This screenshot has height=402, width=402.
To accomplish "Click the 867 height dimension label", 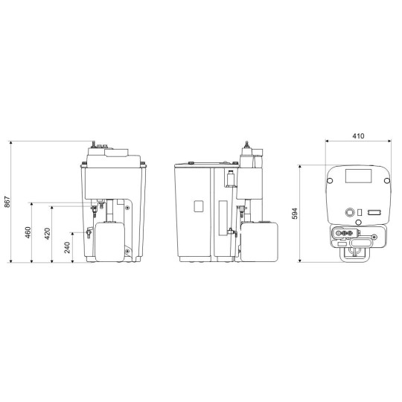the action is point(7,202).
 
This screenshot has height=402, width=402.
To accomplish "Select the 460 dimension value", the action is point(28,232).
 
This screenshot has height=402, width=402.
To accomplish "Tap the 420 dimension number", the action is point(48,234).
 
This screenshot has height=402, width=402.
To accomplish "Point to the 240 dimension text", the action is point(67,247).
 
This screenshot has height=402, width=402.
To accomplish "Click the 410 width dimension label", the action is point(358,136).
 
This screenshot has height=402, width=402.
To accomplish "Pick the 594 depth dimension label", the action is point(295,214).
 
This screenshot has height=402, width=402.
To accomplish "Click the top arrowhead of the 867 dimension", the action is point(10,143).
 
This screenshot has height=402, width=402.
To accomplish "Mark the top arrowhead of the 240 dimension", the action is point(72,234).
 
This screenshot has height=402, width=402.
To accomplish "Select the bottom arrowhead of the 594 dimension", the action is point(300,261).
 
